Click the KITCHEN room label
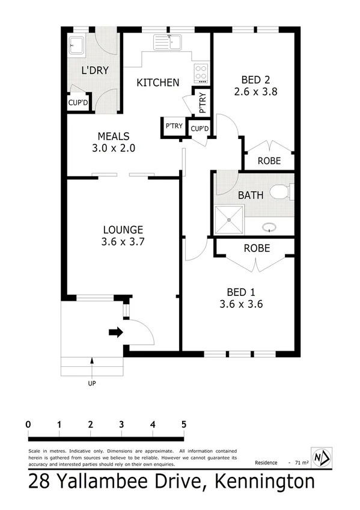pos(157,82)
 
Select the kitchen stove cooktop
pos(201,74)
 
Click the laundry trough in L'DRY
pos(76,45)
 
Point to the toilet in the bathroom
pos(279,192)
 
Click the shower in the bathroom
pos(229,220)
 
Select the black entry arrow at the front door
pos(115,331)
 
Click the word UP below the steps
pos(92,383)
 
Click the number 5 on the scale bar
pos(183,425)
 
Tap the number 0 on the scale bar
pos(28,425)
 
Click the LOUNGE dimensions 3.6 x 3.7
pos(123,242)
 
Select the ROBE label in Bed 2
pos(268,161)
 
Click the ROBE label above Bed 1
pos(256,248)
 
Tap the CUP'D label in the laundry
pos(78,103)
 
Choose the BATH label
pos(249,195)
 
